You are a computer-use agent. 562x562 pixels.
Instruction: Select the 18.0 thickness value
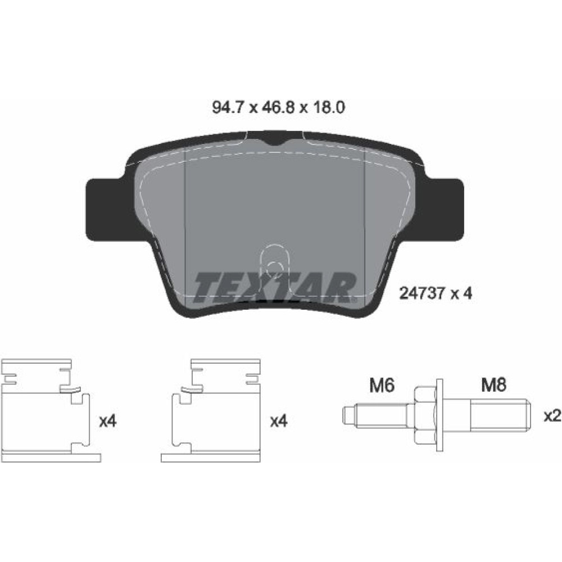(x=328, y=107)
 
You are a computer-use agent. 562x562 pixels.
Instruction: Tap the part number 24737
(x=423, y=293)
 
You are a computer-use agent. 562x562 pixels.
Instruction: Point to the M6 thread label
(x=382, y=386)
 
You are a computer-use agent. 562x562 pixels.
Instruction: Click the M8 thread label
(x=493, y=386)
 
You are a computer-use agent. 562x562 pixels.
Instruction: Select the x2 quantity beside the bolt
(x=552, y=416)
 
